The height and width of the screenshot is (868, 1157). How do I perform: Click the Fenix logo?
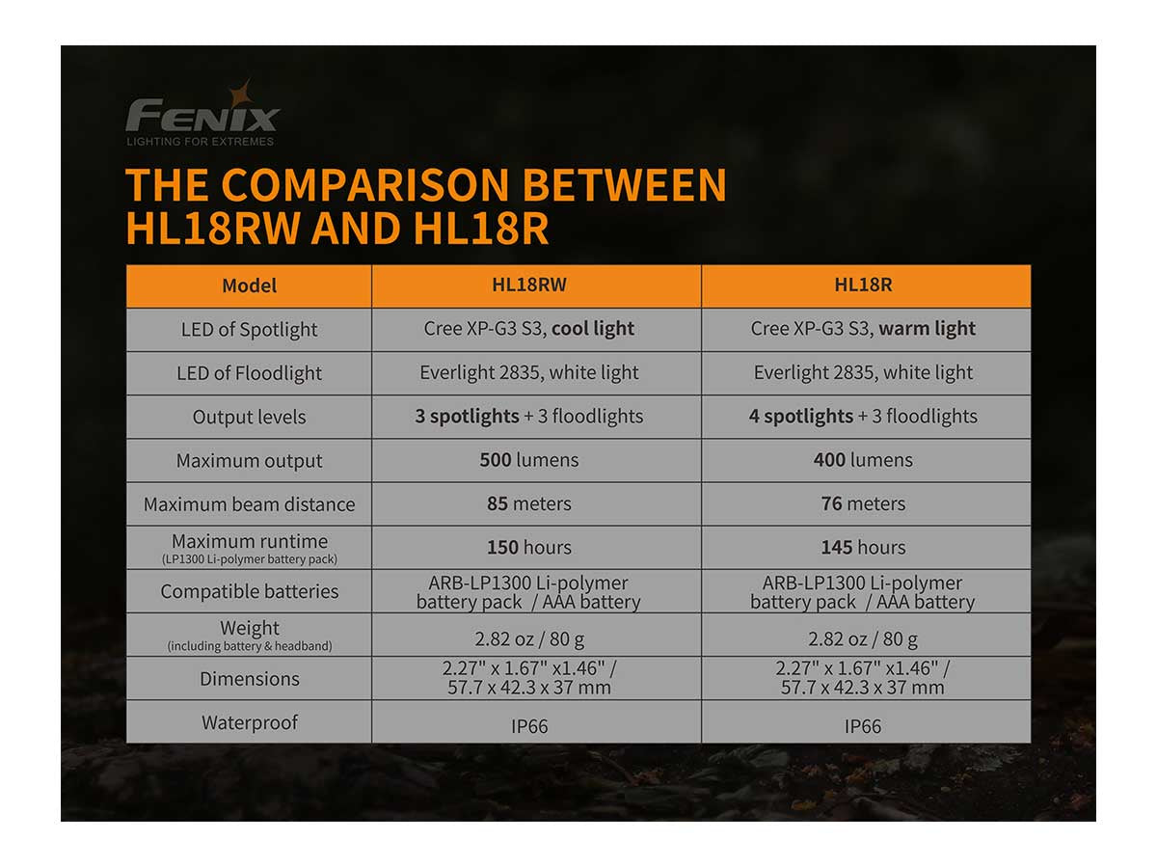[202, 114]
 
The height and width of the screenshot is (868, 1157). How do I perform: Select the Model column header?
[250, 285]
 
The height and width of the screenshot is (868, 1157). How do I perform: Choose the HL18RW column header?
[529, 285]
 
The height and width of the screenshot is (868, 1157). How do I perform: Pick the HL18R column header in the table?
[863, 285]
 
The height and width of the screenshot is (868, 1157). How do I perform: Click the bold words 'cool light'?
[592, 328]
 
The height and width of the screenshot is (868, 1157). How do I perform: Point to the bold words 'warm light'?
[928, 328]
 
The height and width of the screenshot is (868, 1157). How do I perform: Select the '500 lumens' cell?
[529, 460]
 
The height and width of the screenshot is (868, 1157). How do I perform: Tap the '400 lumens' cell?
[863, 460]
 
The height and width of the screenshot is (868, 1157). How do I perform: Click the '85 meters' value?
[529, 503]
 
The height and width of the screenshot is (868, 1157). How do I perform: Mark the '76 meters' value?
[863, 503]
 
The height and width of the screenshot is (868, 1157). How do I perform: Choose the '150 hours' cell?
[529, 548]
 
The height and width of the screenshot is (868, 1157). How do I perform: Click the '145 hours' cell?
[863, 548]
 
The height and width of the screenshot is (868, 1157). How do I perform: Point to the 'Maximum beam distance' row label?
[250, 504]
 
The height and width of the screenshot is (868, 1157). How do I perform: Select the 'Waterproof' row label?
[250, 722]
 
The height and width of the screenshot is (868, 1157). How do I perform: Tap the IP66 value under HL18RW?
[529, 726]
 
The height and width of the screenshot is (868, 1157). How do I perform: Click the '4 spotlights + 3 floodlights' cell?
[863, 417]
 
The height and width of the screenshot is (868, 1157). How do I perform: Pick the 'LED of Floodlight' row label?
[250, 373]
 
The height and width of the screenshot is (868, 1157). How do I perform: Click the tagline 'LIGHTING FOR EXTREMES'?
[201, 141]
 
